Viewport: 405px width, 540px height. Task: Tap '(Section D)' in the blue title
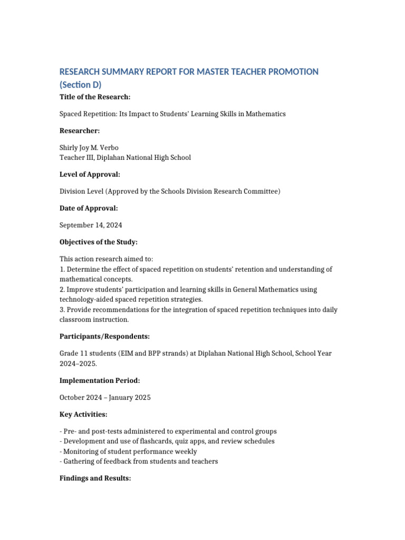tap(80, 84)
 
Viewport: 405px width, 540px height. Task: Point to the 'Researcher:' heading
tap(79, 131)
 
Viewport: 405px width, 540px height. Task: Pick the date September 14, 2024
tap(91, 225)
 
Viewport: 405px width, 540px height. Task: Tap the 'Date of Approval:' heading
tap(89, 208)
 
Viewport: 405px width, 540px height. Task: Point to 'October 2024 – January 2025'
tap(105, 398)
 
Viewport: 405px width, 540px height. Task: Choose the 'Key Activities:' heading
tap(83, 414)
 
